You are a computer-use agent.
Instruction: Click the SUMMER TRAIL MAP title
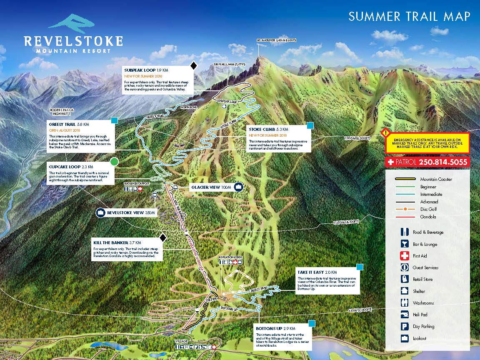(x=409, y=17)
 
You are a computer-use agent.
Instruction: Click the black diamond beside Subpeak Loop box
(x=193, y=65)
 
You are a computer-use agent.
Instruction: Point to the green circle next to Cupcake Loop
(x=114, y=161)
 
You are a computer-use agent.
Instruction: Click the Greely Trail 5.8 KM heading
(x=69, y=124)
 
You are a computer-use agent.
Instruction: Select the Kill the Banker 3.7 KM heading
(x=117, y=242)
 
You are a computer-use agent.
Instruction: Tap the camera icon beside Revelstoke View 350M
(x=101, y=213)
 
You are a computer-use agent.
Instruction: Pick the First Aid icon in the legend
(x=404, y=256)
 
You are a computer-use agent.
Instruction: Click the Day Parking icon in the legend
(x=404, y=327)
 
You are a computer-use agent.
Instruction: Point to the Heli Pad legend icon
(x=404, y=315)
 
